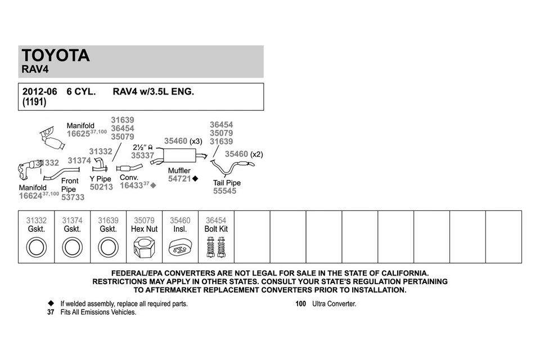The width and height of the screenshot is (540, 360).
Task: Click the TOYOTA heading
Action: coord(56,56)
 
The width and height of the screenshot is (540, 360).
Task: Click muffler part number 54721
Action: coord(180,179)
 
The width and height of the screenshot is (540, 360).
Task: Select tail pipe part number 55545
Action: coord(224,191)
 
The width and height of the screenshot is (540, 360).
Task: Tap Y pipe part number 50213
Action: coord(101,187)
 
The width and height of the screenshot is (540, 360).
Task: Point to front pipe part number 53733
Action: coord(73,197)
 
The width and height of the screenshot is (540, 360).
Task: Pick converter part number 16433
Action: coord(131,185)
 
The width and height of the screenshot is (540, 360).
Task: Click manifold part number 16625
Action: coord(78,134)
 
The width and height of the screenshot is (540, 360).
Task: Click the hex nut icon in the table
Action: coord(144,247)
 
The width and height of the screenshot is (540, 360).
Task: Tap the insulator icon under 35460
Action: coord(180,247)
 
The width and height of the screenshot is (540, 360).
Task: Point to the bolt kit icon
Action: coord(216,246)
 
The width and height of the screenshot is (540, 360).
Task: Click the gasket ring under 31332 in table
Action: coord(37,247)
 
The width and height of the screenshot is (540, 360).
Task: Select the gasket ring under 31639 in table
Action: coord(108,247)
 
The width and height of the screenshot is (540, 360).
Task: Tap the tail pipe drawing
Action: coord(231,167)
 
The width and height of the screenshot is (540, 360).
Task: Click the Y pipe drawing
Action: coord(100,165)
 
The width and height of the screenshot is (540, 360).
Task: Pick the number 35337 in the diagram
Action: coord(142,155)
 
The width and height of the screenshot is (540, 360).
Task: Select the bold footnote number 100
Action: coord(301,304)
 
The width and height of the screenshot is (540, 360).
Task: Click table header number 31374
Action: coord(72,221)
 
